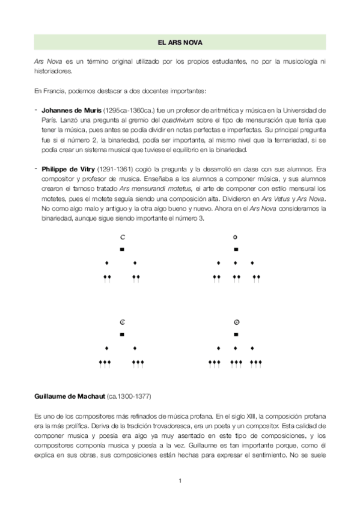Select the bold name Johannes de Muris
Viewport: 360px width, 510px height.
point(72,110)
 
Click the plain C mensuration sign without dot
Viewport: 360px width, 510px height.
point(122,236)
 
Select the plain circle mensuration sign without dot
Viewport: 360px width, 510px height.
point(236,236)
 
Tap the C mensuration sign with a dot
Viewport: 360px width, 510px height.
point(122,322)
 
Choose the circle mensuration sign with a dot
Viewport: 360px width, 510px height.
point(236,322)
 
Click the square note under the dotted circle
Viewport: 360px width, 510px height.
point(236,334)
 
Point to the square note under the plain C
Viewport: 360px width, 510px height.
point(122,249)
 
